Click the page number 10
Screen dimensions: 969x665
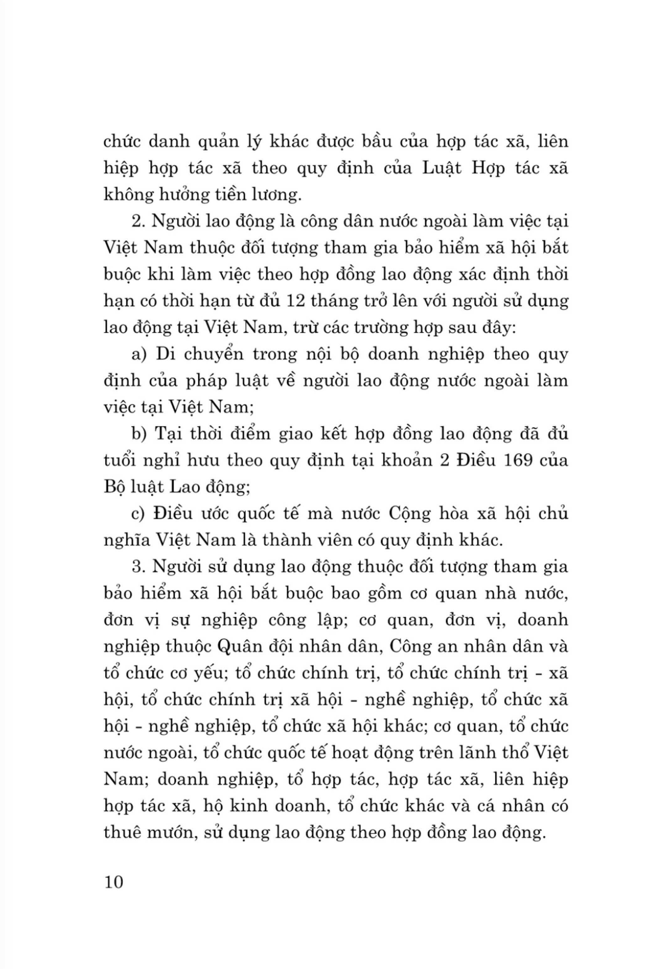(114, 882)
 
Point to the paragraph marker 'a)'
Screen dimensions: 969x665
(140, 354)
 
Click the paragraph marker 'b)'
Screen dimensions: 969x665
(139, 434)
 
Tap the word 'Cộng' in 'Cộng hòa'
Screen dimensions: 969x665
(409, 514)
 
